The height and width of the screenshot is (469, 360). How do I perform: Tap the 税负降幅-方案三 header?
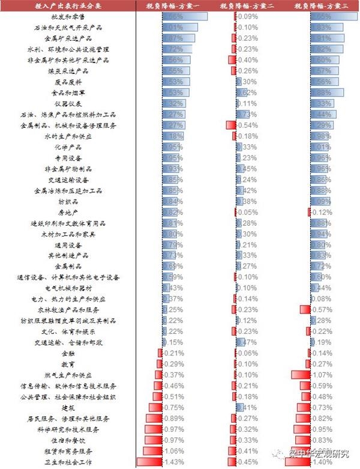(322, 5)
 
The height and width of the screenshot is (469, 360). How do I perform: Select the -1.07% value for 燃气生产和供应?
(322, 375)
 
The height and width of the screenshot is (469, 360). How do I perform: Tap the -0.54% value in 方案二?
(248, 125)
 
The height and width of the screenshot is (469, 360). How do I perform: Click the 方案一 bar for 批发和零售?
(185, 17)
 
